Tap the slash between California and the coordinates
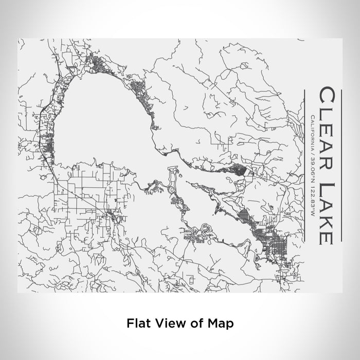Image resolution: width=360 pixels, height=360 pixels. point(312,152)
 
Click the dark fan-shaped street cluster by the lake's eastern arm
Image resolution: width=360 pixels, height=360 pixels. point(240,170)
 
